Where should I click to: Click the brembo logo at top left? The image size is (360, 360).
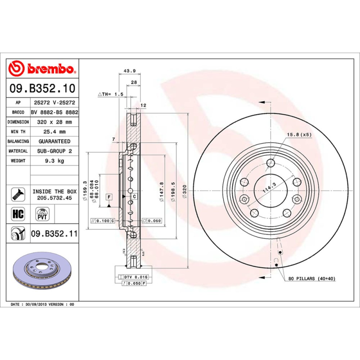41,68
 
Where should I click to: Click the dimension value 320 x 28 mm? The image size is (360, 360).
54,122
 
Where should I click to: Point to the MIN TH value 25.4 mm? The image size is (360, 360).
54,132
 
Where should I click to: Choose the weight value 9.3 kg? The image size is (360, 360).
54,161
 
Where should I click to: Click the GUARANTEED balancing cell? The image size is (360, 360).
54,141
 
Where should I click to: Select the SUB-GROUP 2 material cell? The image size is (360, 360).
54,151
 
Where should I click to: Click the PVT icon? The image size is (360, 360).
41,213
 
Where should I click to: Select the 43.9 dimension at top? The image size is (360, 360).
130,71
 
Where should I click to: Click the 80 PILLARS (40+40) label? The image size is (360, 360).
311,279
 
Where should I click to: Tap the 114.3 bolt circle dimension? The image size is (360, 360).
269,188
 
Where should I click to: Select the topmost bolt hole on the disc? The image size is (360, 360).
270,163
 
